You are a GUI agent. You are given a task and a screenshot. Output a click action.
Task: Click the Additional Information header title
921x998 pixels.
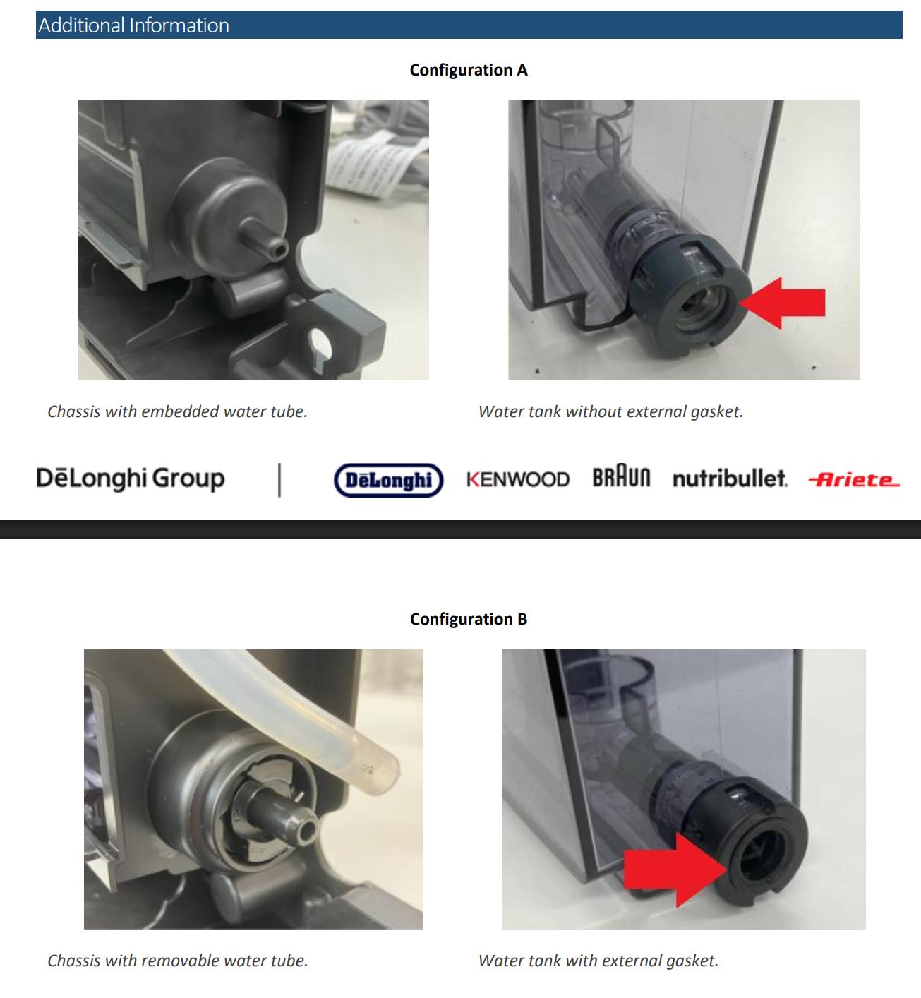pos(133,25)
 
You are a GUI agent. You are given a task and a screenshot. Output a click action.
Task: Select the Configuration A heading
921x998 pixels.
pos(469,70)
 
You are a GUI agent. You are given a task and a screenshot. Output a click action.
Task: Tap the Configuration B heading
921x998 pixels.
pos(469,619)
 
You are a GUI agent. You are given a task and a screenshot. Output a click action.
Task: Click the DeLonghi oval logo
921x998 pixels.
pos(389,480)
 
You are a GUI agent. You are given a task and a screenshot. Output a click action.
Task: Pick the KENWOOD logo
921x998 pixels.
pos(518,479)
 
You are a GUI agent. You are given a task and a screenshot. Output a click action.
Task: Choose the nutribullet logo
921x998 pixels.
pos(730,479)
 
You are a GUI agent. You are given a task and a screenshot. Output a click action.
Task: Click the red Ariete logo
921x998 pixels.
pos(854,480)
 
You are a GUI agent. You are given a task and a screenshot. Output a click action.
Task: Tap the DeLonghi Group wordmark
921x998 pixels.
pos(131,478)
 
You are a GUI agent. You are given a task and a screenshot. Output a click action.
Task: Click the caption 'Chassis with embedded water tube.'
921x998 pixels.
pos(177,411)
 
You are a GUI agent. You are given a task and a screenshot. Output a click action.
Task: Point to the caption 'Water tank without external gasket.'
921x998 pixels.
pos(610,411)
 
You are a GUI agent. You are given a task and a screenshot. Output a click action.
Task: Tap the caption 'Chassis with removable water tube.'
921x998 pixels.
pos(177,961)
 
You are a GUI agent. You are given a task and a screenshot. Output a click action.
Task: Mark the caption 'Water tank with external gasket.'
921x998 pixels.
pos(598,961)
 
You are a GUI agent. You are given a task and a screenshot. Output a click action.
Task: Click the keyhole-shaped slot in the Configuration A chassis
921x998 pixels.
pos(320,347)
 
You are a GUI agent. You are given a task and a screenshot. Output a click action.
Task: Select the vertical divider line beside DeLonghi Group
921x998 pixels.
pos(279,480)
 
